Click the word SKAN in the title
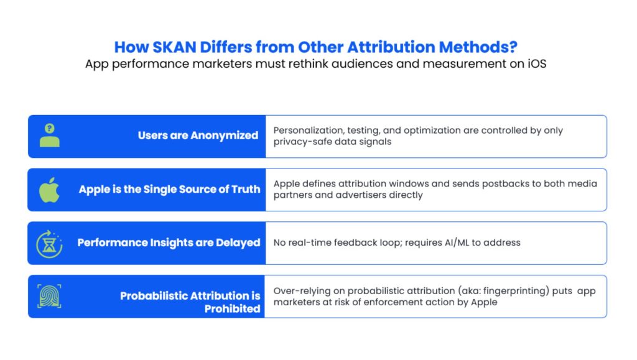click(x=174, y=47)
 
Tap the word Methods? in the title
click(x=478, y=47)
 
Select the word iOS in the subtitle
click(x=537, y=63)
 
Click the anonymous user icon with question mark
click(x=50, y=135)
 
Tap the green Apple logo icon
click(x=49, y=190)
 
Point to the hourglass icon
click(x=49, y=244)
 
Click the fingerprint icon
click(x=49, y=297)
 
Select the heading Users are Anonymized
click(x=198, y=136)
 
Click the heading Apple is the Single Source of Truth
click(x=169, y=190)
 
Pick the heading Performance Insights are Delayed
click(x=169, y=242)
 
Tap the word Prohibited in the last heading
click(x=232, y=309)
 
